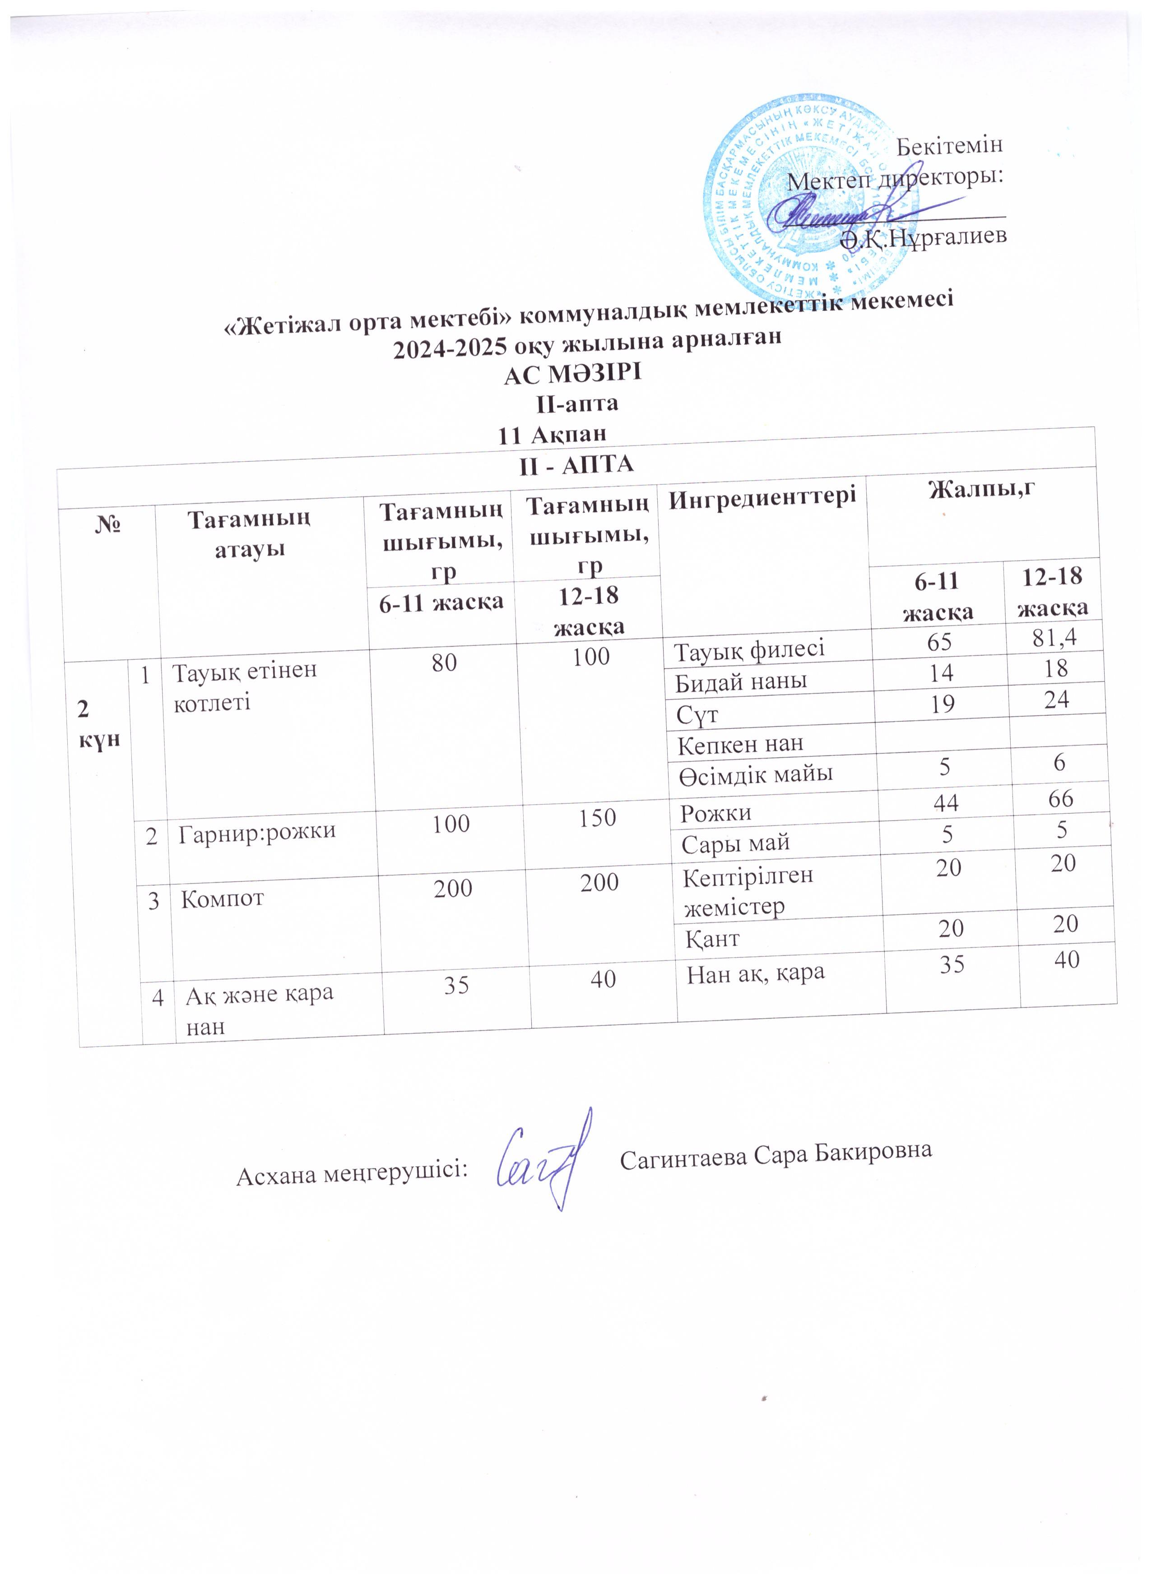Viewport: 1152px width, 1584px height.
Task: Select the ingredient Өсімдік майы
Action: tap(754, 773)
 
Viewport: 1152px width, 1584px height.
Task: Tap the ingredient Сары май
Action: tap(735, 842)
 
